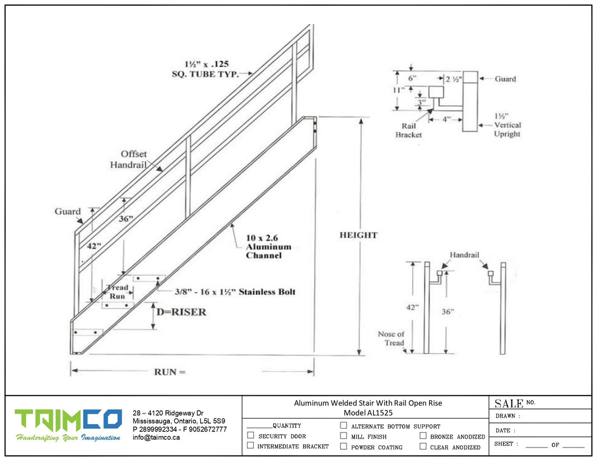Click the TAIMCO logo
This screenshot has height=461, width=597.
(x=68, y=420)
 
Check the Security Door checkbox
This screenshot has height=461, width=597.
(x=251, y=435)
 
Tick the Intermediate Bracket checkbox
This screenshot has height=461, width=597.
(x=251, y=445)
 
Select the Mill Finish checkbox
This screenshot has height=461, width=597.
(x=344, y=435)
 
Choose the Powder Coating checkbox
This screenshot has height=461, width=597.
(x=344, y=446)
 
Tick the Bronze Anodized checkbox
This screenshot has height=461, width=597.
(x=423, y=435)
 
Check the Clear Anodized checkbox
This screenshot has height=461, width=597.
(x=423, y=446)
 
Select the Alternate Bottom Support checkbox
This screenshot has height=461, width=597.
(x=344, y=425)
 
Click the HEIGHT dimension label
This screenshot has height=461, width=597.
(x=358, y=235)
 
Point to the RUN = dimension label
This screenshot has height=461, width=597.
(x=169, y=371)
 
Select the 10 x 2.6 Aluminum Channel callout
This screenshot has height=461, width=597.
(x=269, y=247)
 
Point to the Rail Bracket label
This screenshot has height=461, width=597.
(x=408, y=130)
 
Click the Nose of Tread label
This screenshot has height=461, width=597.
(x=391, y=338)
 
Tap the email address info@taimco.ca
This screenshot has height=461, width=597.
(x=156, y=438)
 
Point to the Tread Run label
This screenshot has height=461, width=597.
(x=117, y=291)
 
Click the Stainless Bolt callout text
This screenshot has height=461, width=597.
(x=227, y=291)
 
